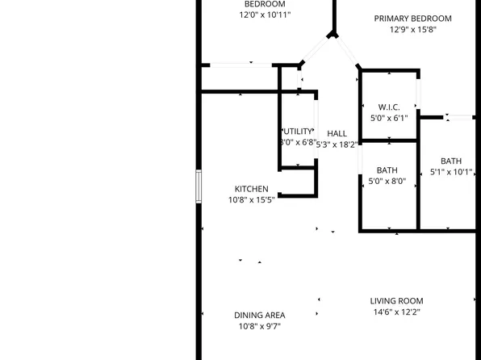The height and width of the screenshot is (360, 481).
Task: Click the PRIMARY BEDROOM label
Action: click(412, 19)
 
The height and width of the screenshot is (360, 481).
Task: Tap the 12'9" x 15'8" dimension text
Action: click(412, 31)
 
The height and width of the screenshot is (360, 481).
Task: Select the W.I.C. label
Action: click(389, 107)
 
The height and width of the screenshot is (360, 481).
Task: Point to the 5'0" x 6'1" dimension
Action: click(389, 118)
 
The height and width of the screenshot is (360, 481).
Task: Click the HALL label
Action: click(337, 133)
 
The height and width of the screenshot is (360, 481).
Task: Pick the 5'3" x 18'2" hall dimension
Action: click(337, 144)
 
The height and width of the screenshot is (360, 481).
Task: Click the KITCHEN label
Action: click(252, 189)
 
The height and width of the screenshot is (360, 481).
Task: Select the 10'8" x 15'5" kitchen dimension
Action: click(252, 200)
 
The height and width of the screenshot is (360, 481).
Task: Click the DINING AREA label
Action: click(259, 316)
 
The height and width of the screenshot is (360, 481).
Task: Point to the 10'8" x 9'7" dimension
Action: click(259, 327)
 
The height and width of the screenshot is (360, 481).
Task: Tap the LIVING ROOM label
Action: click(396, 301)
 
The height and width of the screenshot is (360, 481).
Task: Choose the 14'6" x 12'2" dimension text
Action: click(396, 312)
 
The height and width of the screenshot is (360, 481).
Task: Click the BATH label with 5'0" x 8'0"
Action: click(387, 170)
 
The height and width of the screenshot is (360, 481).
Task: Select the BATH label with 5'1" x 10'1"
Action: click(451, 160)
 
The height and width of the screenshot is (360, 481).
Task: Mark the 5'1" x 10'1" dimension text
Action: click(451, 171)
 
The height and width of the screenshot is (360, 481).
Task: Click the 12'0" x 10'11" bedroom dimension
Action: click(265, 15)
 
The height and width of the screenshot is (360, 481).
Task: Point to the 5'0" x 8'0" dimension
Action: click(387, 182)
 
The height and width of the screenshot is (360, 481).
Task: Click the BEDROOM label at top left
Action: click(265, 4)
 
